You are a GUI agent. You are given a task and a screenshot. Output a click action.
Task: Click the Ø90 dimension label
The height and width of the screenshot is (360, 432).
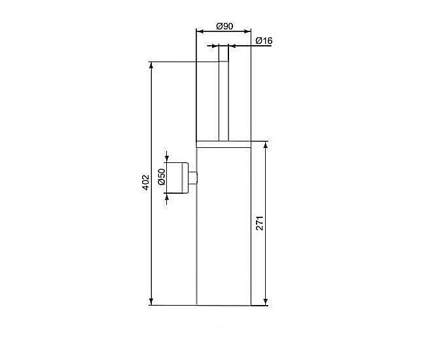click(x=225, y=26)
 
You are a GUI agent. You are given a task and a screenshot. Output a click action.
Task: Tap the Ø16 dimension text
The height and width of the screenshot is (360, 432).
click(x=264, y=41)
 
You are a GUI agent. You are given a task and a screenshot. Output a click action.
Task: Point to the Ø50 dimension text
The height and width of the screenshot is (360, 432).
click(x=161, y=177)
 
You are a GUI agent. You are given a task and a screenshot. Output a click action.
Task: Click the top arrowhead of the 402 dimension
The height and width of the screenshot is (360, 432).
click(x=151, y=65)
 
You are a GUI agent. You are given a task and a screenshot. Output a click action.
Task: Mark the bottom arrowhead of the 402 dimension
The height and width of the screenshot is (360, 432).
click(x=151, y=302)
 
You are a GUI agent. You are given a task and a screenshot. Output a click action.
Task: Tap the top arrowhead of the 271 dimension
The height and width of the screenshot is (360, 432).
click(x=266, y=144)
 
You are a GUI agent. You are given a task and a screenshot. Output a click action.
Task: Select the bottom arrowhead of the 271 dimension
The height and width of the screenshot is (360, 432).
click(x=266, y=302)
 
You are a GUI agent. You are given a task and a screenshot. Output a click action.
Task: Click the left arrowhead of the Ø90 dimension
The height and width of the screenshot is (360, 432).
click(x=200, y=31)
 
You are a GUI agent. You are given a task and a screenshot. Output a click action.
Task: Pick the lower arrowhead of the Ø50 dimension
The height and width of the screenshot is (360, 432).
click(x=168, y=197)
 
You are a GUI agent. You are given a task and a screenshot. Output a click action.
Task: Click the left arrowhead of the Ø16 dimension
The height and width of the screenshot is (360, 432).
click(x=215, y=46)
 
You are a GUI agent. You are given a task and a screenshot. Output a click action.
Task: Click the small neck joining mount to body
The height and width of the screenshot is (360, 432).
click(x=193, y=178)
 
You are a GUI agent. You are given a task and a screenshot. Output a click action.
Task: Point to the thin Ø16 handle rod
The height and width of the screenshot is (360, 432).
click(x=224, y=98)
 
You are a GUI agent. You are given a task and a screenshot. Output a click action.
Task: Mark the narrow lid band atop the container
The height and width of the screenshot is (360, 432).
click(x=224, y=144)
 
